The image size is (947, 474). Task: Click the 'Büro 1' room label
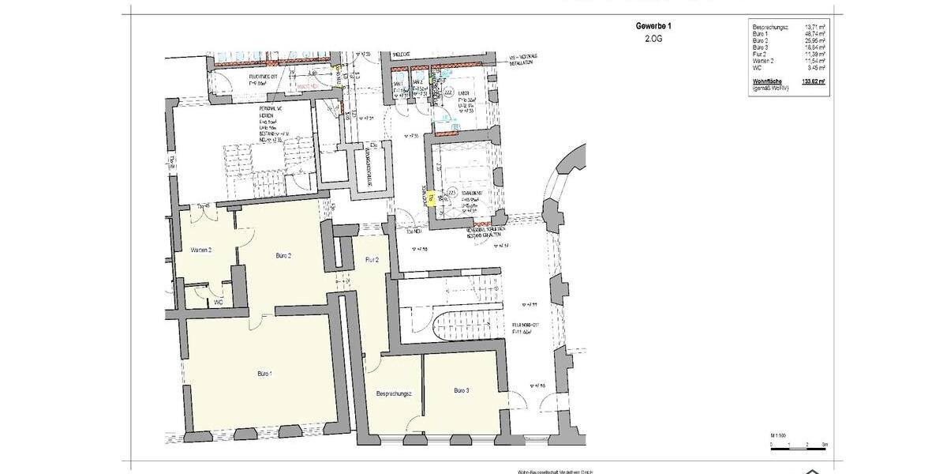264,373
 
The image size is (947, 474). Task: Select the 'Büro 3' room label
462,390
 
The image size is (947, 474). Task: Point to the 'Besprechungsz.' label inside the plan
395,393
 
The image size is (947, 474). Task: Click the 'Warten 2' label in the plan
201,250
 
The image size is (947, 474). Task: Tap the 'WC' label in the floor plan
218,302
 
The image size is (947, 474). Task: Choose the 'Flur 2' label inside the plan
372,259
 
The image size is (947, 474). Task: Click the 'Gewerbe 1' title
653,26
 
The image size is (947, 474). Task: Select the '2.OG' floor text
653,37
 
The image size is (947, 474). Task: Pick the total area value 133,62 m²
813,81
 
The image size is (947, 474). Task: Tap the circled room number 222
448,92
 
